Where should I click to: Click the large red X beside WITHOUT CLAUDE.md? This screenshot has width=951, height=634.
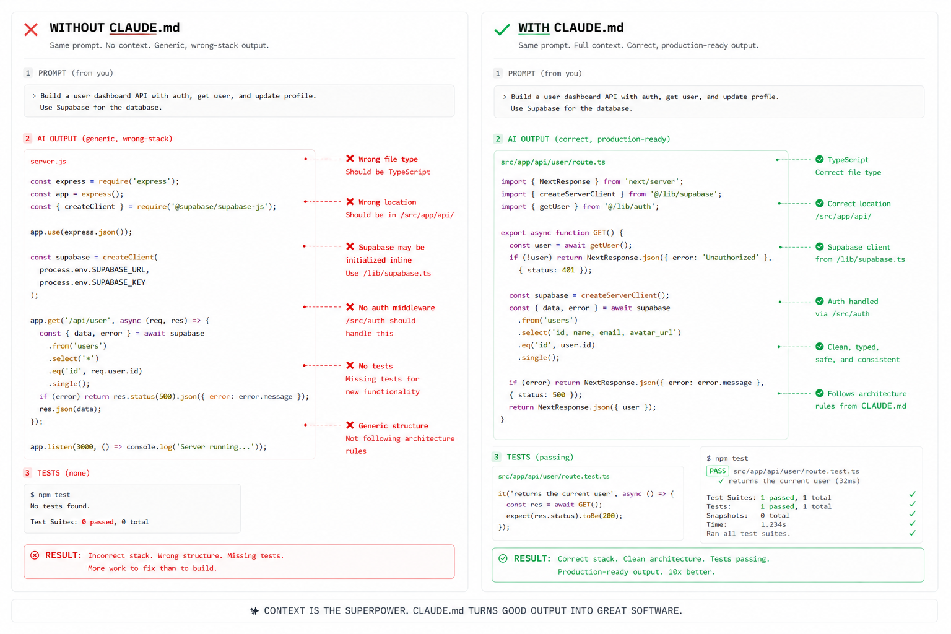tap(31, 29)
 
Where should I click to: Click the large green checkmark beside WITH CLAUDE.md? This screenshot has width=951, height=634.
tap(502, 30)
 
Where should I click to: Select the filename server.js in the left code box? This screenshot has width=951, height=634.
tap(48, 162)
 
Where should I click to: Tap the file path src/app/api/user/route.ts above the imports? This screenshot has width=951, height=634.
tap(553, 162)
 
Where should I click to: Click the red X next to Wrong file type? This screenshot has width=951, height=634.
tap(350, 158)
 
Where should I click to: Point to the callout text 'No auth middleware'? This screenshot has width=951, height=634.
tap(396, 308)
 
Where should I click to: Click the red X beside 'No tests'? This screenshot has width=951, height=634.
tap(350, 365)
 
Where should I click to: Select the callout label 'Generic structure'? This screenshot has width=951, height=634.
tap(393, 425)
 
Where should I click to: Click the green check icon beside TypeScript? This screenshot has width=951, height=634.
tap(819, 159)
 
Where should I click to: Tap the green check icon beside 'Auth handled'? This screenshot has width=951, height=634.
tap(819, 301)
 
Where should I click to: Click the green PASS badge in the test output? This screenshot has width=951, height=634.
tap(718, 471)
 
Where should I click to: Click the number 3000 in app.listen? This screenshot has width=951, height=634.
tap(85, 447)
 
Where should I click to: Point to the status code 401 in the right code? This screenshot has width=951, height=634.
tap(568, 270)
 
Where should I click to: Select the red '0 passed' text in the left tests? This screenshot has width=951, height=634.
tap(98, 522)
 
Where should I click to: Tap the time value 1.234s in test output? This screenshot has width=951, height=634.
tap(773, 524)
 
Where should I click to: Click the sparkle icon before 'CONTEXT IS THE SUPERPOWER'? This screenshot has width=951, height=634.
tap(254, 610)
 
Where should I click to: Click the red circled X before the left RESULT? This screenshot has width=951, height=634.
tap(35, 555)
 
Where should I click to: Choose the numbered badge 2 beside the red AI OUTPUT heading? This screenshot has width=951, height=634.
tap(28, 139)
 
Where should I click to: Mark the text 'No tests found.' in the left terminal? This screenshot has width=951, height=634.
tap(60, 506)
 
